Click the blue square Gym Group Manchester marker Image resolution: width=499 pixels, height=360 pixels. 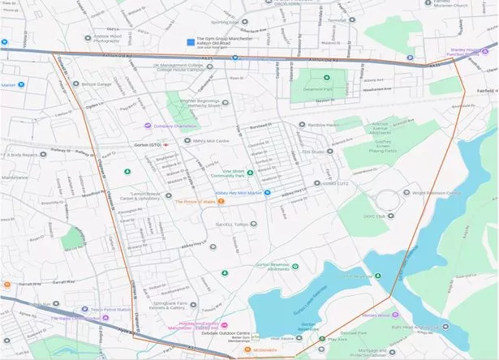point(191,41)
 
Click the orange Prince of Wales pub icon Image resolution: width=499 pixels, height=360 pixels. point(221,202)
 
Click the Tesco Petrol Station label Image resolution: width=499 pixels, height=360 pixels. point(105,309)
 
